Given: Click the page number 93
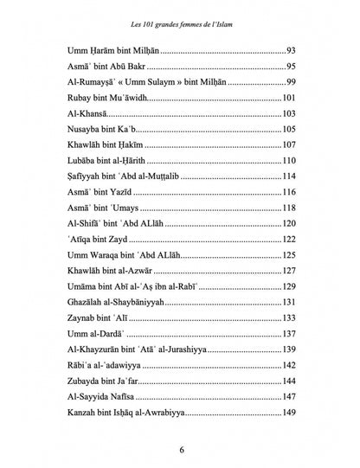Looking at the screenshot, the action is click(291, 50).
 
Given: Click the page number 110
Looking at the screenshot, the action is click(289, 160).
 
